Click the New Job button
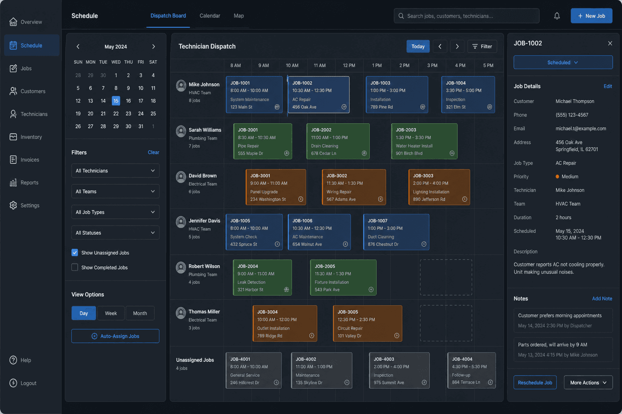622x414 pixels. (x=591, y=16)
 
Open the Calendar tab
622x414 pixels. (x=210, y=16)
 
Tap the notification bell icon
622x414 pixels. (x=557, y=16)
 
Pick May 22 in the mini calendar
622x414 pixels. (x=116, y=114)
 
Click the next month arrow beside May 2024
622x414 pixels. (x=153, y=46)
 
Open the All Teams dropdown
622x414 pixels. (x=115, y=191)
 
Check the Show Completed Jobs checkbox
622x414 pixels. (x=75, y=267)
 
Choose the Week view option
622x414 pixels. (x=111, y=313)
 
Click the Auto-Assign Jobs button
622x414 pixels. (x=115, y=336)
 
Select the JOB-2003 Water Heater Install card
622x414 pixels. (x=424, y=141)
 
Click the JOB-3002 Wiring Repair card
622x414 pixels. (x=354, y=187)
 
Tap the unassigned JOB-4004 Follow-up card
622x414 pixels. (x=471, y=370)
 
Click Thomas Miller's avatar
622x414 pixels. (x=181, y=313)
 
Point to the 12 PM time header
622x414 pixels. (x=349, y=65)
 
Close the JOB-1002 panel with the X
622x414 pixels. (x=610, y=43)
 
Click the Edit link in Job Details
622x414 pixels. (x=607, y=86)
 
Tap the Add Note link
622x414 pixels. (x=602, y=298)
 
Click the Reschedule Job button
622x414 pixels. (x=535, y=382)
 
